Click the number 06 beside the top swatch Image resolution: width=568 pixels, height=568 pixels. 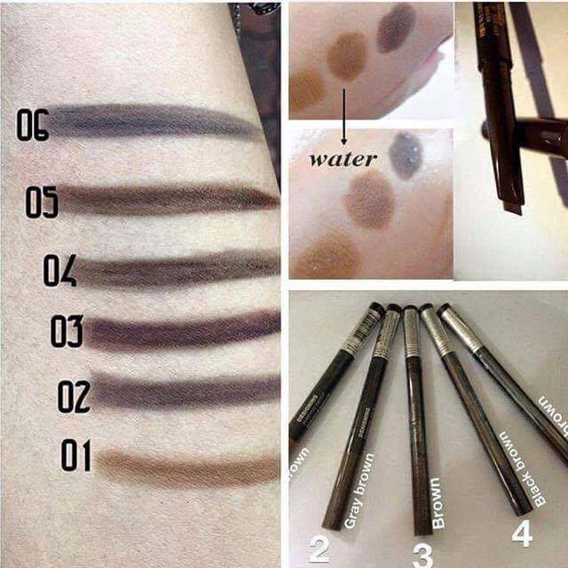point(32,125)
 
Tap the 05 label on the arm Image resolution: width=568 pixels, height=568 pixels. point(42,203)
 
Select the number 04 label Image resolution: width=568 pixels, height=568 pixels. point(59,270)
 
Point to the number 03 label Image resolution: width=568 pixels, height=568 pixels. point(67,332)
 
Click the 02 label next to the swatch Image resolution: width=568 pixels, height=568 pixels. point(74,396)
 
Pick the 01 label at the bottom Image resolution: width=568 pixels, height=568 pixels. point(76,455)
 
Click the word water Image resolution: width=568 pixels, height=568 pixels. point(343,160)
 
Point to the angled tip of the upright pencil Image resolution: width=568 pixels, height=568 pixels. point(510,207)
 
